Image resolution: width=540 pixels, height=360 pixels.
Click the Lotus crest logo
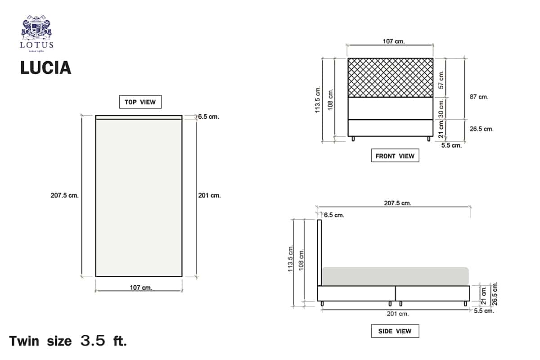point(36,33)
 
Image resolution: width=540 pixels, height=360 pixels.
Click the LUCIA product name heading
point(46,68)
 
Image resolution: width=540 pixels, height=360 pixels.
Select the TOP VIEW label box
point(140,102)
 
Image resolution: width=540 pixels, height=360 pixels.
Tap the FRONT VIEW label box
point(395,156)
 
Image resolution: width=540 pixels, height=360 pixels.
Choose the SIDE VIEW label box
point(395,331)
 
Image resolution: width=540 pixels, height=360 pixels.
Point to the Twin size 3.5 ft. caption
point(68,341)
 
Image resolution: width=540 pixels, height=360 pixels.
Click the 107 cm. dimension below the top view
point(141,288)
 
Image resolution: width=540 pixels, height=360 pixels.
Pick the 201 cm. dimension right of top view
point(210,195)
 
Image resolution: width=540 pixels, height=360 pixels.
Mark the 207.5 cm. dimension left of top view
point(65,195)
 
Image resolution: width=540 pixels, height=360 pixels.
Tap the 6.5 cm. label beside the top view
point(208,117)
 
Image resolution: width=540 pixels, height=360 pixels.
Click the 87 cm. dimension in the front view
point(479,97)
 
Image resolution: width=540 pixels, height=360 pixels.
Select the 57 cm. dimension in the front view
point(441,80)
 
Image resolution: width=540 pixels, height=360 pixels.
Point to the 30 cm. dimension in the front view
point(441,108)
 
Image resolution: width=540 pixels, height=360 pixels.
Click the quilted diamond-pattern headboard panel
point(390,77)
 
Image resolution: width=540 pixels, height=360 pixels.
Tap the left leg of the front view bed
point(353,139)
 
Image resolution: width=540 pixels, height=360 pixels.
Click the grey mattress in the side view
point(395,276)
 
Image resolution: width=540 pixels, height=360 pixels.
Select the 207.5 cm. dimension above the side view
point(397,203)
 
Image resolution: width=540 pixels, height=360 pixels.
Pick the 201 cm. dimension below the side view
point(398,314)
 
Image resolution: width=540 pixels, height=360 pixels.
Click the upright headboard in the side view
point(319,252)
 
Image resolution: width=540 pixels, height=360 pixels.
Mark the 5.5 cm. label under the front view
point(451,145)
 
